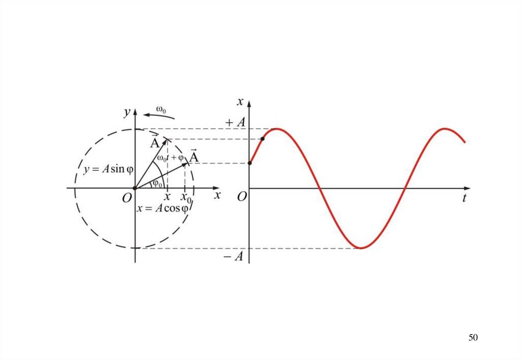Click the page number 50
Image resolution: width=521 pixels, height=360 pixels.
coord(473,338)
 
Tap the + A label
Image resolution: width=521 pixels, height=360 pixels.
coord(236,123)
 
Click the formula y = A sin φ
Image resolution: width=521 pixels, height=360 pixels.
coord(104,169)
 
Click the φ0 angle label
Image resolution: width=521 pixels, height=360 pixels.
coord(158,184)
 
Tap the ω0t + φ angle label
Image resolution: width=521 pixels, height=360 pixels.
coord(170,158)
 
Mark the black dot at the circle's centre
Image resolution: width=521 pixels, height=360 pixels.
coord(135,189)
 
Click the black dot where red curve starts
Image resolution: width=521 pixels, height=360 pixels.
coord(250,163)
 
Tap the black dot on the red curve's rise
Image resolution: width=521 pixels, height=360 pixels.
coord(263,139)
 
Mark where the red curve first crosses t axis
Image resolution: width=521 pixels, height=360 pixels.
coord(320,189)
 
